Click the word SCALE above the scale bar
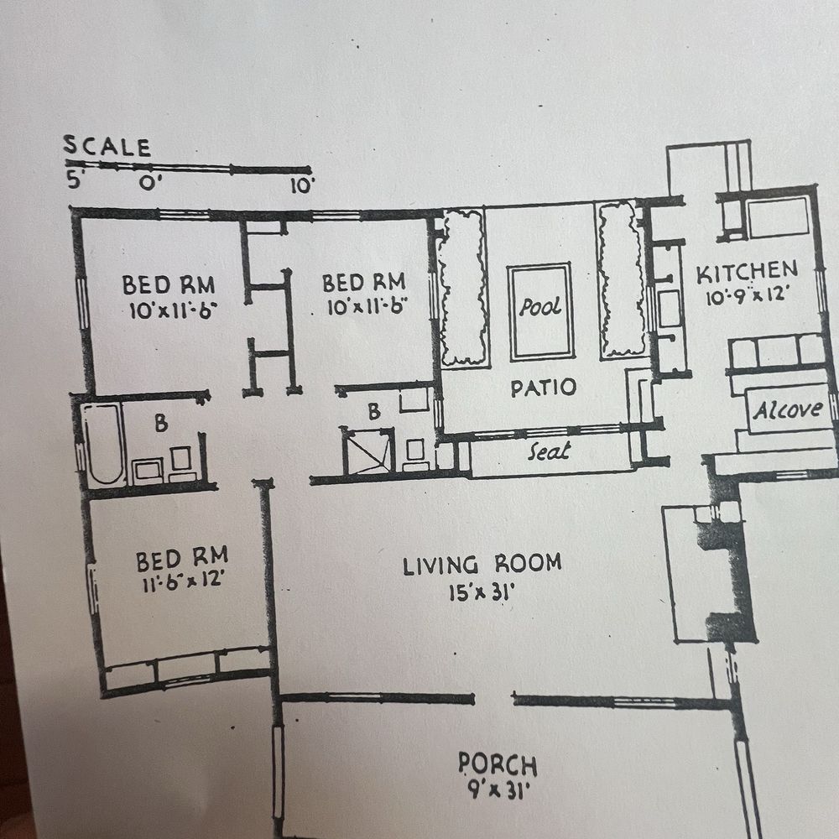[x=107, y=147]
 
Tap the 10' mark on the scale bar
[x=302, y=185]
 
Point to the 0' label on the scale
[x=150, y=182]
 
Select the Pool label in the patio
[x=539, y=307]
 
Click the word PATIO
[x=543, y=388]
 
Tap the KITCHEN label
[x=747, y=272]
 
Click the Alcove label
[x=788, y=410]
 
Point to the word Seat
[x=549, y=451]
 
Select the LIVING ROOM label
[x=482, y=565]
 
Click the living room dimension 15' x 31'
[x=481, y=592]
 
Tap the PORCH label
[x=498, y=764]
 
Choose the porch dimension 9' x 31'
[x=498, y=789]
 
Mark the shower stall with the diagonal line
[x=368, y=451]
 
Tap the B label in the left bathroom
[x=161, y=423]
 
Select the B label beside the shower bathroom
[x=374, y=411]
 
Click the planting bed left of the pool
[x=463, y=288]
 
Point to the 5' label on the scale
[x=75, y=180]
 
